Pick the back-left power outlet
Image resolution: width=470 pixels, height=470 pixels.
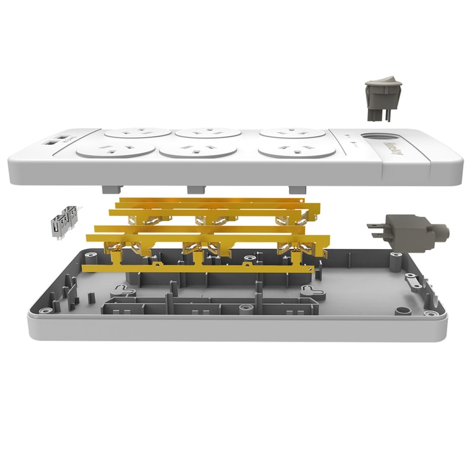[138, 133]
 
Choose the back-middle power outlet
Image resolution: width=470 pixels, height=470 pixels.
[208, 133]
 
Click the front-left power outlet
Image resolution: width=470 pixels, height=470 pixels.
[116, 151]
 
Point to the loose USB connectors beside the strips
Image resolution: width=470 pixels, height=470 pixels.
[64, 220]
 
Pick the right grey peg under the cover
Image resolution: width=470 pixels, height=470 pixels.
[295, 189]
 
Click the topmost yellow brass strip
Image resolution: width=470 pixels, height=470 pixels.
[216, 202]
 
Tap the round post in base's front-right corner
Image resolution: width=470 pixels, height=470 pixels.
[400, 311]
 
